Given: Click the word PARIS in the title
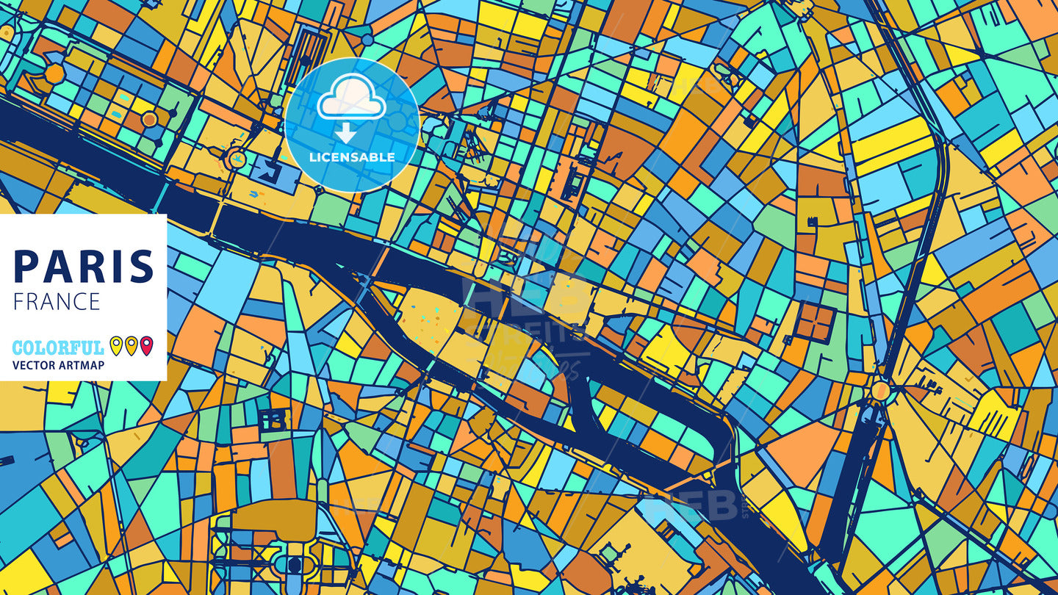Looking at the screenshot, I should (x=84, y=266).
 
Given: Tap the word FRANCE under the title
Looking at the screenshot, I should (x=57, y=301).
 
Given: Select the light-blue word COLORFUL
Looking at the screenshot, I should (x=58, y=347).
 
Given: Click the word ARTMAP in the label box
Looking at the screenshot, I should (x=82, y=365).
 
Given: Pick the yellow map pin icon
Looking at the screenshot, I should (x=115, y=345).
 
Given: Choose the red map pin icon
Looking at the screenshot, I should (x=146, y=345).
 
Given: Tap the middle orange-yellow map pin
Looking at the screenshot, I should (x=131, y=345).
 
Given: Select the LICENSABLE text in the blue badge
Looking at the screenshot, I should (x=352, y=157).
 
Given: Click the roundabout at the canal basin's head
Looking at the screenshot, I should (x=880, y=389).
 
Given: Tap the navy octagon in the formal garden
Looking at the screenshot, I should (x=295, y=565).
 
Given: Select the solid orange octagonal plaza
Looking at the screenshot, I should (x=54, y=73).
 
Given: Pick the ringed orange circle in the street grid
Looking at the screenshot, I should (x=149, y=118).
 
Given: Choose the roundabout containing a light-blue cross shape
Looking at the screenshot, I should (x=236, y=157).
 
